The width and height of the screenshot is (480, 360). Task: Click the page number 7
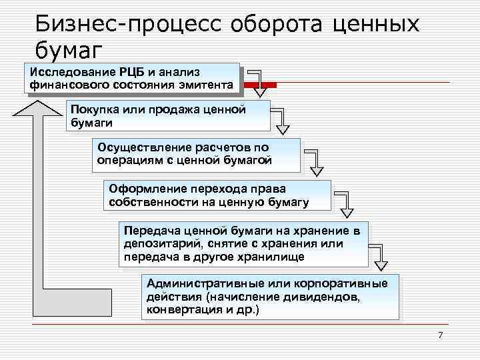click(441, 334)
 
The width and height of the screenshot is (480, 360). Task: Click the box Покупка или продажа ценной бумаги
click(168, 115)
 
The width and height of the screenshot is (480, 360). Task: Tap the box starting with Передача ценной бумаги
click(243, 244)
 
